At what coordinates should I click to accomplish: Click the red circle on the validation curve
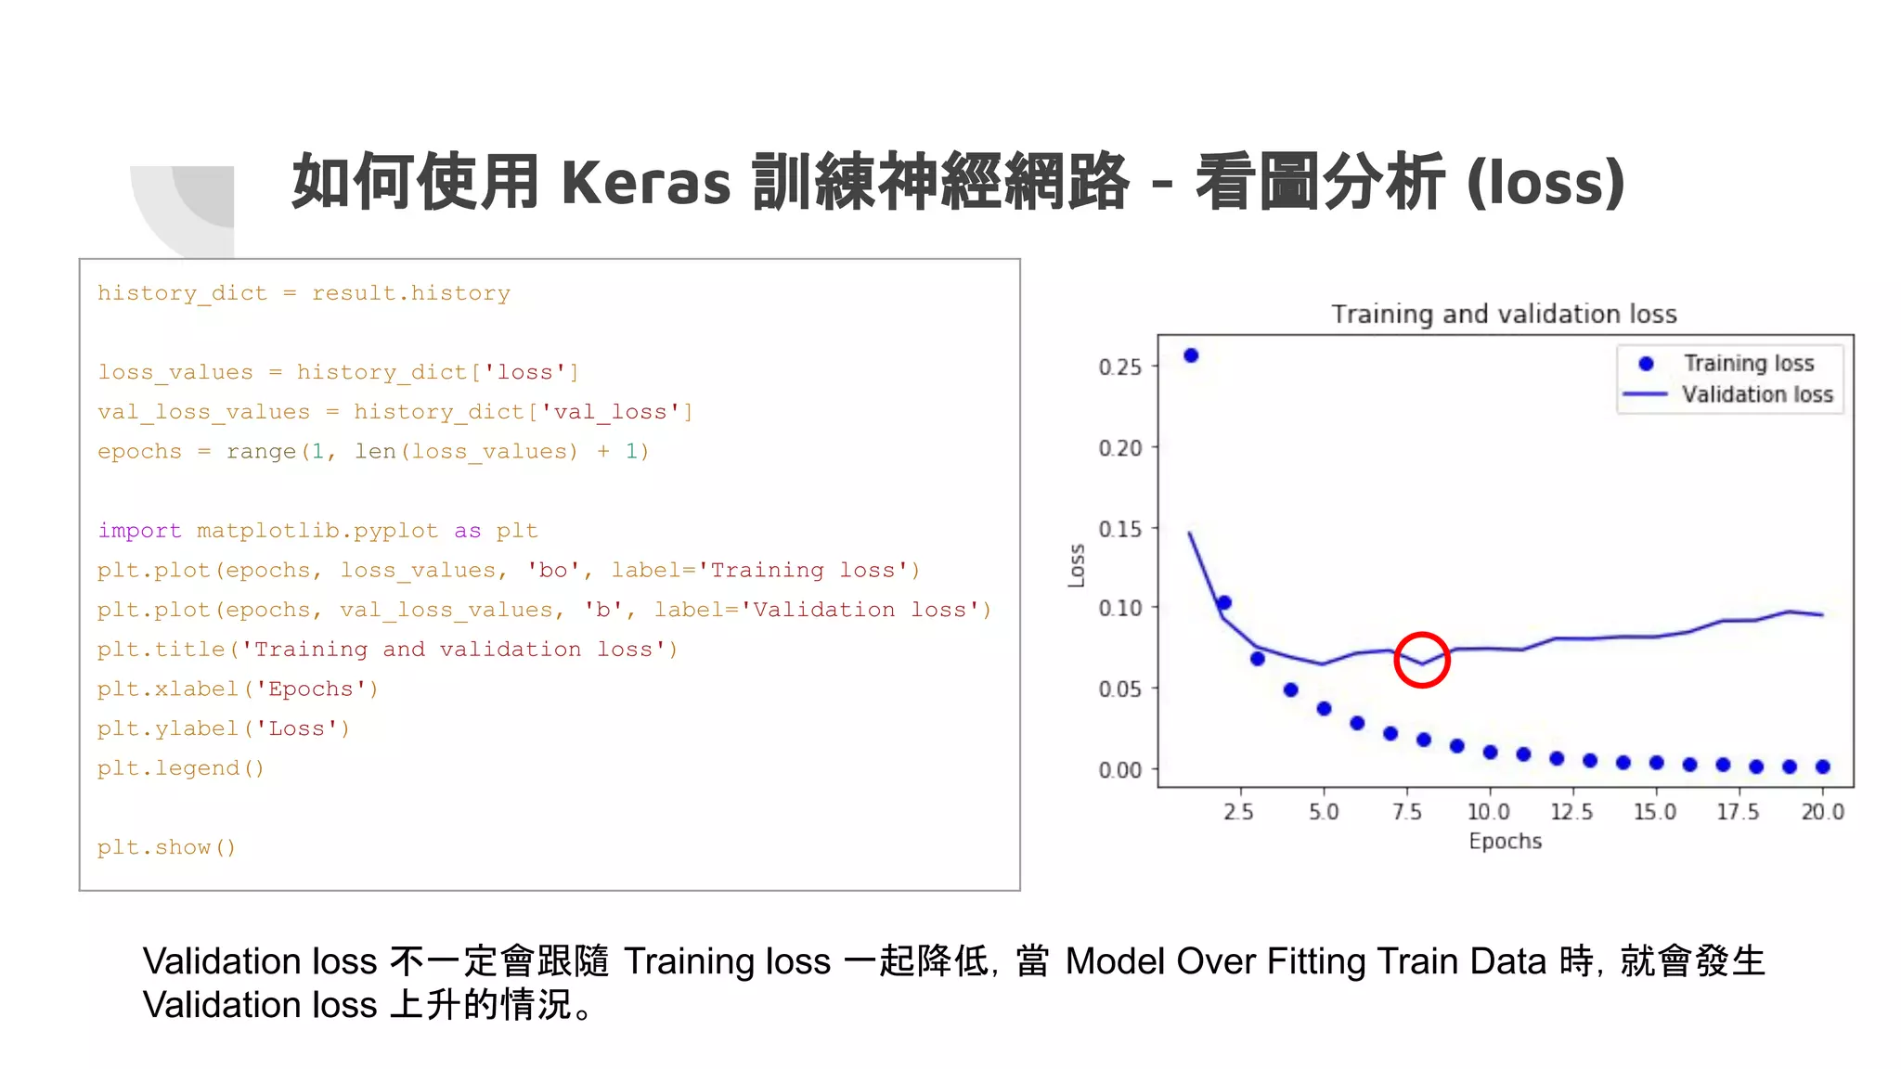pyautogui.click(x=1421, y=660)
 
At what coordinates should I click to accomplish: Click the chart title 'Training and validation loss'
pyautogui.click(x=1504, y=315)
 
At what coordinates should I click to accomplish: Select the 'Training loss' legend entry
pyautogui.click(x=1748, y=363)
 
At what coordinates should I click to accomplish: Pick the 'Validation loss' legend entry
pyautogui.click(x=1756, y=394)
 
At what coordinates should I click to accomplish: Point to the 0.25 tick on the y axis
pyautogui.click(x=1120, y=367)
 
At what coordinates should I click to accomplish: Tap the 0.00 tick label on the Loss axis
pyautogui.click(x=1120, y=770)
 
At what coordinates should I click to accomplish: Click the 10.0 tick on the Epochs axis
pyautogui.click(x=1488, y=812)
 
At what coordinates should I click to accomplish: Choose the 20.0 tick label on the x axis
pyautogui.click(x=1822, y=812)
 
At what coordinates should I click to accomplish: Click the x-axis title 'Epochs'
pyautogui.click(x=1505, y=842)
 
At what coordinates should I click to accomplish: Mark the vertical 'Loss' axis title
pyautogui.click(x=1077, y=565)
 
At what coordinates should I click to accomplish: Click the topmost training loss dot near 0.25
pyautogui.click(x=1191, y=355)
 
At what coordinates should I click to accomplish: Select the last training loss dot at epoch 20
pyautogui.click(x=1822, y=766)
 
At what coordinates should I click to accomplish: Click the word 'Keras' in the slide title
pyautogui.click(x=646, y=182)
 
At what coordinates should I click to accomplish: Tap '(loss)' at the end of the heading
pyautogui.click(x=1545, y=182)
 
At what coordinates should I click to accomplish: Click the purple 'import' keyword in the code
pyautogui.click(x=139, y=531)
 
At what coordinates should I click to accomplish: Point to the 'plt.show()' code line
pyautogui.click(x=166, y=847)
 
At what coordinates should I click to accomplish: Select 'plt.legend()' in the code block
pyautogui.click(x=181, y=768)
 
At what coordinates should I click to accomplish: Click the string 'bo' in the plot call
pyautogui.click(x=553, y=570)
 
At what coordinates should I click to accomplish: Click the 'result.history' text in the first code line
pyautogui.click(x=410, y=293)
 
